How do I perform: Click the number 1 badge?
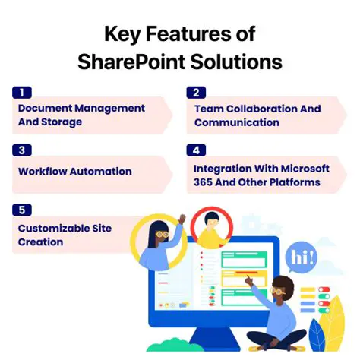click(x=22, y=93)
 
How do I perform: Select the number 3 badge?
click(x=22, y=150)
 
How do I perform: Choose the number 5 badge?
click(x=22, y=208)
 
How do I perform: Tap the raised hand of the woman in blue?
click(x=181, y=219)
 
